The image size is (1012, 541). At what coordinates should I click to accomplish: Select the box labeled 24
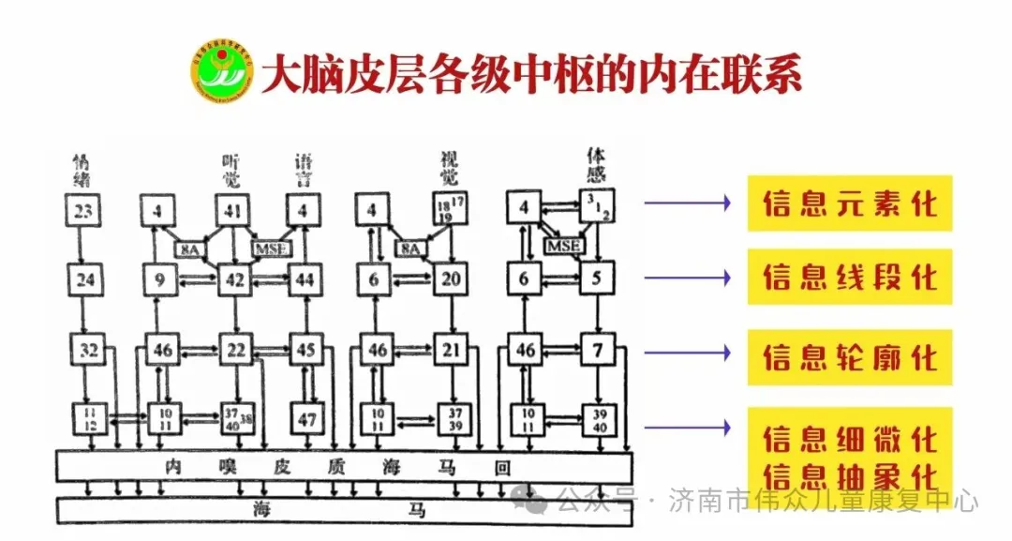click(x=84, y=278)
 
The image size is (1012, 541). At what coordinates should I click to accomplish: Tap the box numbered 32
click(x=88, y=351)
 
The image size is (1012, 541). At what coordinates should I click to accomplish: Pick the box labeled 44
click(x=304, y=278)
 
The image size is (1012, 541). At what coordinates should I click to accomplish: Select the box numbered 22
click(x=236, y=351)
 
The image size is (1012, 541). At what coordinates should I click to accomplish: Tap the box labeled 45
click(x=305, y=351)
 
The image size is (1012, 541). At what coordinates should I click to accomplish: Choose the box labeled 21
click(x=452, y=351)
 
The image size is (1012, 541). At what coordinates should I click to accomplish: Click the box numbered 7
click(x=597, y=351)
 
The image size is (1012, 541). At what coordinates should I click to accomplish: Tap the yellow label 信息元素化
click(x=849, y=203)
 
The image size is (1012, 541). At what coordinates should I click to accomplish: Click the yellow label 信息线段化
click(x=849, y=278)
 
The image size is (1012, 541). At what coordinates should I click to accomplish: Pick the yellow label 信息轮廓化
click(x=849, y=357)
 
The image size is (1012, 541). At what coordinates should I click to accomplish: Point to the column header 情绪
click(x=82, y=168)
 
